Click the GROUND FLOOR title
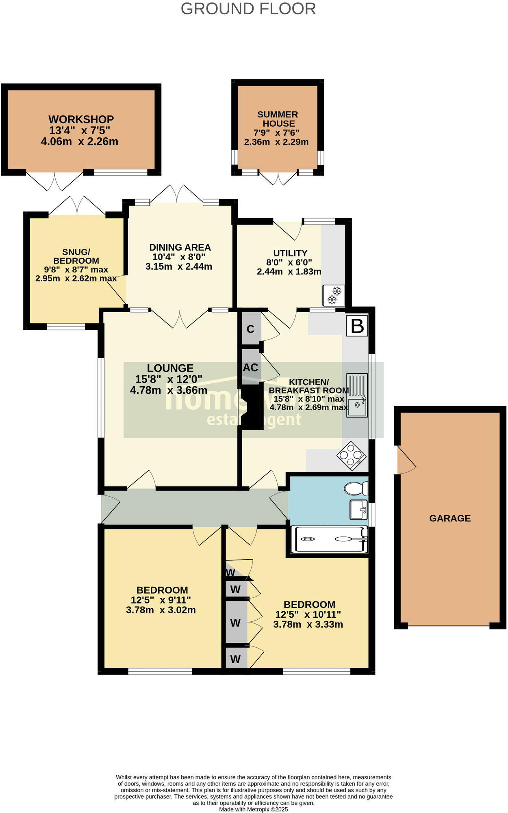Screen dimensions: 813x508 [248, 9]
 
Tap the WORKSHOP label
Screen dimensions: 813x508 [81, 119]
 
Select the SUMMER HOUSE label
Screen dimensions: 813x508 [278, 119]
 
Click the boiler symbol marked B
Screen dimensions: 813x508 [357, 326]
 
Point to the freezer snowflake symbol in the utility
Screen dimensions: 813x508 [334, 295]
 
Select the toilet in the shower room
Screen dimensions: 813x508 [356, 488]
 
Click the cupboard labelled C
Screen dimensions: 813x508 [251, 329]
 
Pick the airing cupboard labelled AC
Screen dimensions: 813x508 [250, 368]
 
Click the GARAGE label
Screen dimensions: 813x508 [450, 518]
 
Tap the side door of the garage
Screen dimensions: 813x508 [406, 460]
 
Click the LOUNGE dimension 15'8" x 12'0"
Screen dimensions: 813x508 [169, 379]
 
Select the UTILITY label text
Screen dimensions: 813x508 [290, 253]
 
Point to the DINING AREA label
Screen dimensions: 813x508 [180, 247]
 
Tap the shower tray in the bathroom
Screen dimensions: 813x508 [331, 539]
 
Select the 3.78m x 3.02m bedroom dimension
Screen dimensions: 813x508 [161, 610]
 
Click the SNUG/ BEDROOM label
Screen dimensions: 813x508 [76, 256]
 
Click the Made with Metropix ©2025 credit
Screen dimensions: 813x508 [254, 809]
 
